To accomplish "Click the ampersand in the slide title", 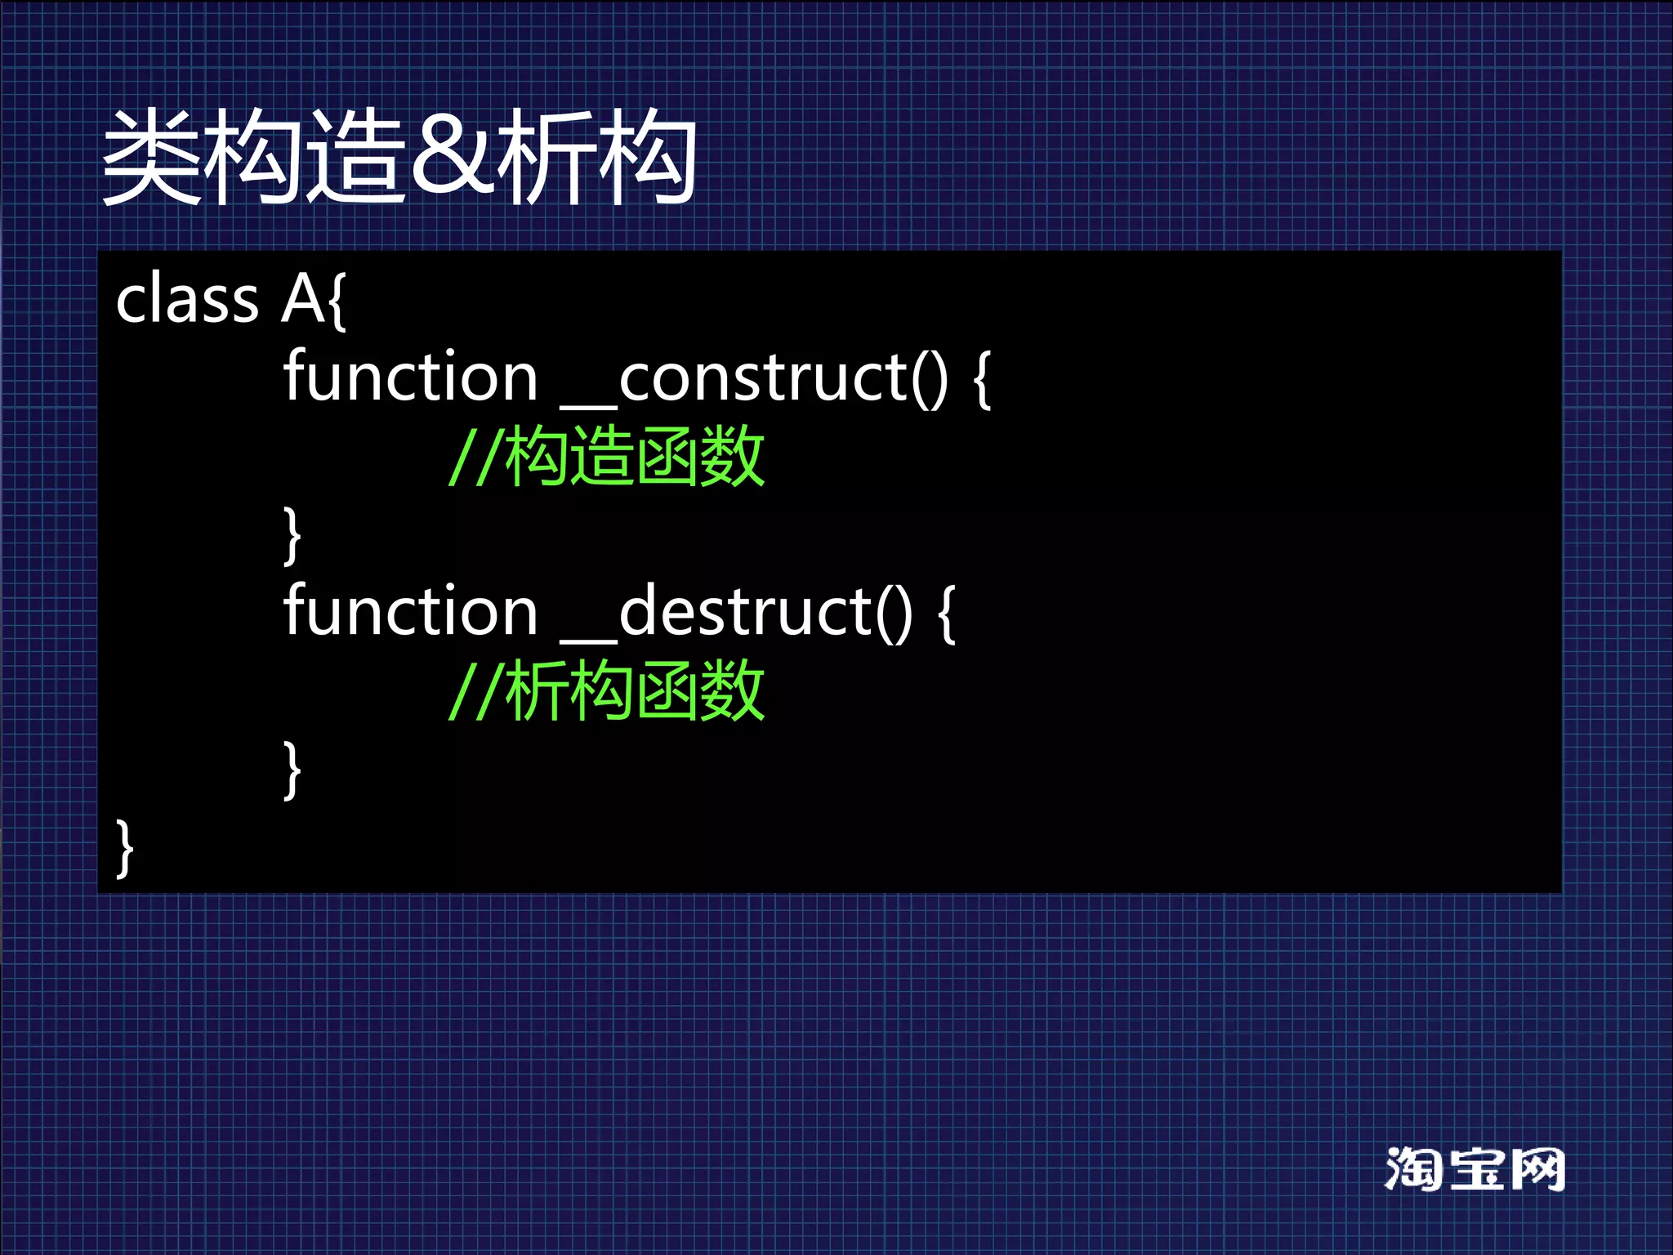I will coord(453,157).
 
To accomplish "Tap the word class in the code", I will coord(187,299).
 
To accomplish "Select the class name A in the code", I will coord(303,299).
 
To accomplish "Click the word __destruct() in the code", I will coord(736,612).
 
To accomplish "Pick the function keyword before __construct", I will coord(410,377).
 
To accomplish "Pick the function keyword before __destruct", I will coord(410,612).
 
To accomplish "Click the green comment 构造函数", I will coord(635,456).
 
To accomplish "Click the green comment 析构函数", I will coord(635,691).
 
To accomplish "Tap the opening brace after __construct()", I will coord(982,379).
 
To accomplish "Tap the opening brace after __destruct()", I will coord(946,614).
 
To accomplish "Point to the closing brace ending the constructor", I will coord(292,535).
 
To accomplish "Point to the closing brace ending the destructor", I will coord(292,770).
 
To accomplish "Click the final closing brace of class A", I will coord(124,848).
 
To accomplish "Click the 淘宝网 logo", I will coord(1474,1169).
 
